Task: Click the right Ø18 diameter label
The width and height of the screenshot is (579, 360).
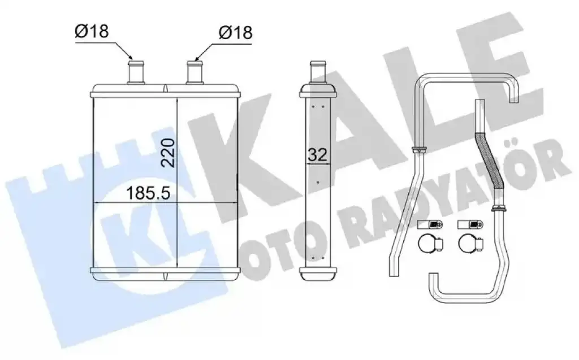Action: point(236,32)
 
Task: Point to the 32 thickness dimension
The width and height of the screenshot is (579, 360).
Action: point(318,154)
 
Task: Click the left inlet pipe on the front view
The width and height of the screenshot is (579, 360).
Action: point(136,72)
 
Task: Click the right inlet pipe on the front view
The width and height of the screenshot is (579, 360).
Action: point(195,72)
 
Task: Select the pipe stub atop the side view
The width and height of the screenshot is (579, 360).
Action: point(318,72)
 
